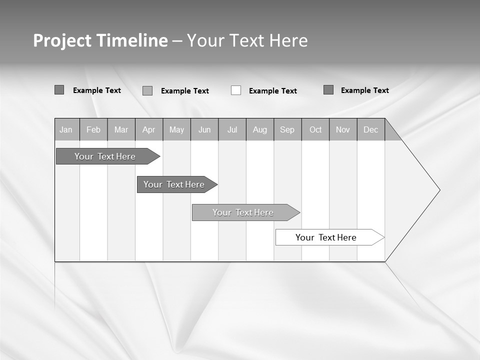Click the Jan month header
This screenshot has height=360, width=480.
point(66,129)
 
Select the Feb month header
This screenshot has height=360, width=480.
point(93,129)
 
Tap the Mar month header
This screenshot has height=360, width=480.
point(121,129)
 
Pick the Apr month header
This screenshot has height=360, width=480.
point(148,129)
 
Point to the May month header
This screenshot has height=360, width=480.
point(176,129)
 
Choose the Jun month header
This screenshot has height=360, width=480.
point(204,129)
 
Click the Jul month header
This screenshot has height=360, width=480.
point(232,129)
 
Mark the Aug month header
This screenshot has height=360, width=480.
point(260,129)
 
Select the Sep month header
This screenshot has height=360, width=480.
point(287,129)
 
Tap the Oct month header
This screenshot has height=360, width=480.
point(315,129)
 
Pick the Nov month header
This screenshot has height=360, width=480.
point(343,129)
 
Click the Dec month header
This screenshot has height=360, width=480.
point(371,129)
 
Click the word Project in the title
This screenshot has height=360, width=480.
point(62,40)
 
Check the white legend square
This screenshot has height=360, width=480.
point(236,90)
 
